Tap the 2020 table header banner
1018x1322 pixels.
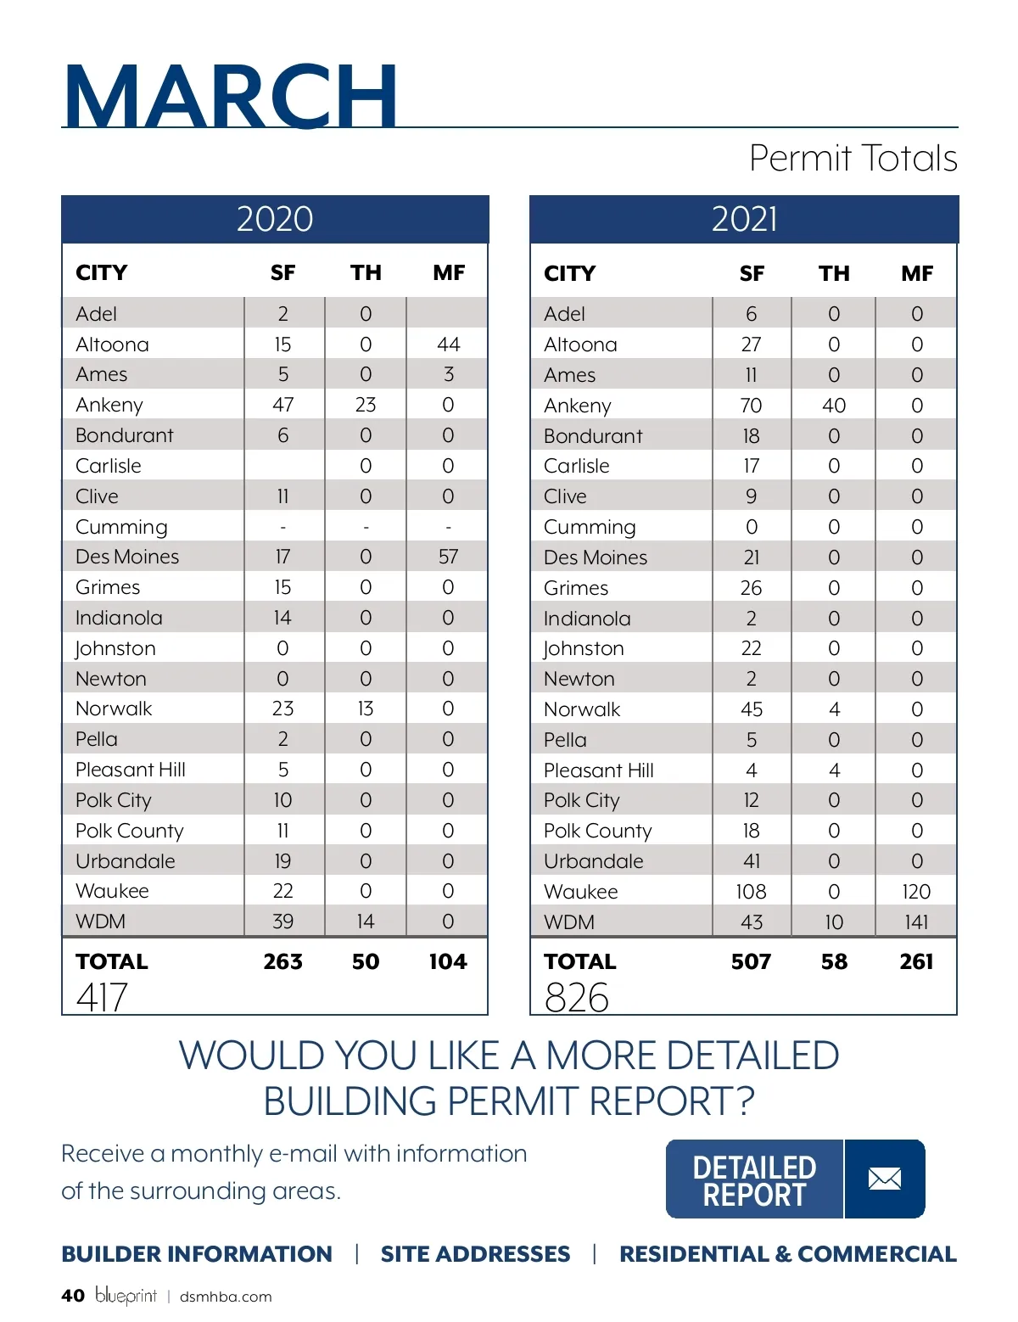click(x=275, y=219)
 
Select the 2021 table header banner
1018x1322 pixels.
click(x=744, y=219)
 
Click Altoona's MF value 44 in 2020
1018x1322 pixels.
click(x=448, y=345)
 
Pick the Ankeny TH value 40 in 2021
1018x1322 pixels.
click(x=834, y=406)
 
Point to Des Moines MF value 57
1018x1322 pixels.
click(x=448, y=557)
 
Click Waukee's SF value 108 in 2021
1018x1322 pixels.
click(x=751, y=892)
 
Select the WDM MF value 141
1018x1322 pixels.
click(x=916, y=922)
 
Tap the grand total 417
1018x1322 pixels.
click(x=102, y=997)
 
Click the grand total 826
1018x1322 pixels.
click(x=577, y=997)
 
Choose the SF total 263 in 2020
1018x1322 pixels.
click(x=282, y=961)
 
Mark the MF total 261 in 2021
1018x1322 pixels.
click(x=916, y=961)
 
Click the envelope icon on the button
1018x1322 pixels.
click(x=885, y=1179)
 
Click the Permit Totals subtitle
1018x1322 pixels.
click(x=853, y=159)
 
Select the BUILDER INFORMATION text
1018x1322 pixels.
click(x=197, y=1254)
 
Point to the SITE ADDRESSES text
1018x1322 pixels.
click(x=475, y=1254)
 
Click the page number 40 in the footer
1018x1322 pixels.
click(x=73, y=1296)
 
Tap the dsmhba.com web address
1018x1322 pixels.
click(x=226, y=1297)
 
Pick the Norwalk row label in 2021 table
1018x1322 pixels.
click(x=582, y=709)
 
